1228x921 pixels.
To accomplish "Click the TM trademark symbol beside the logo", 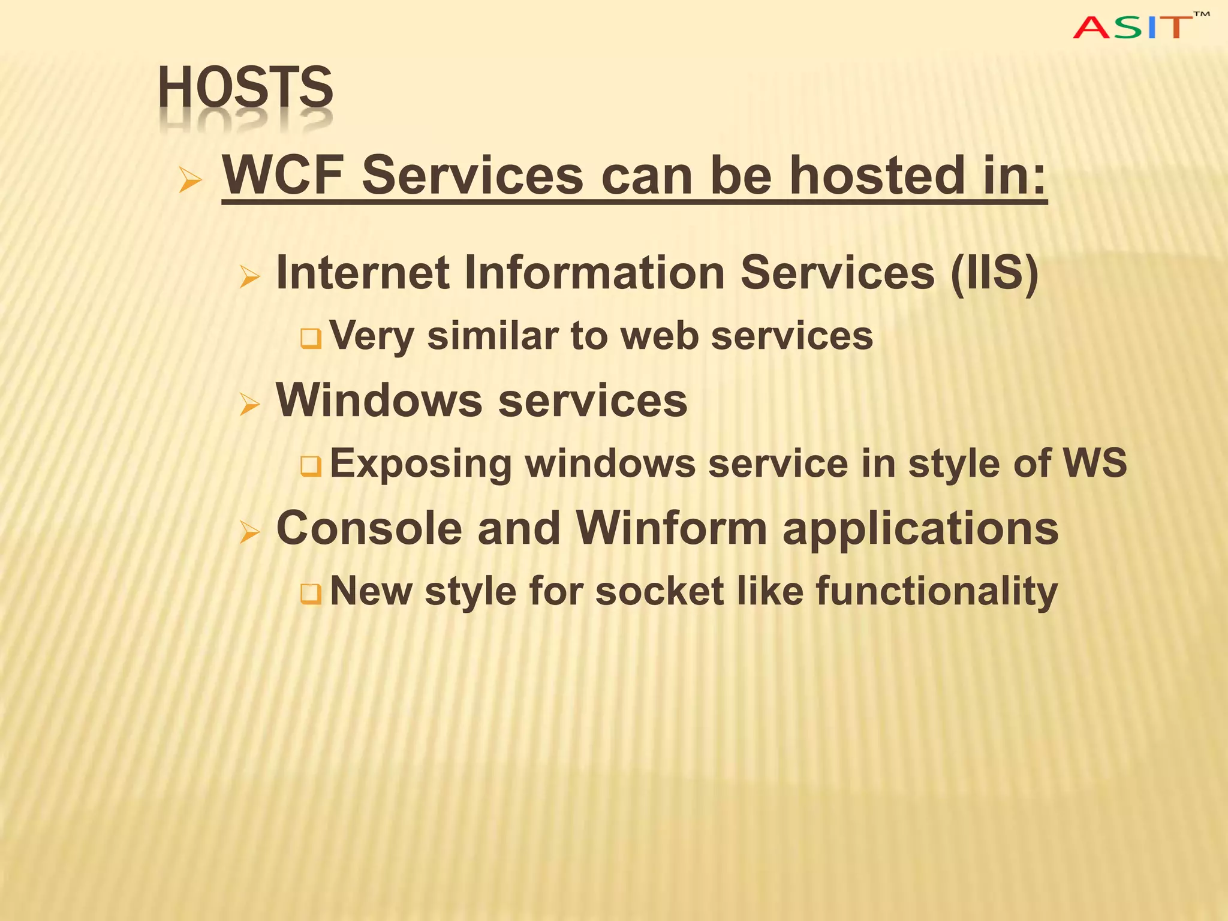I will tap(1201, 14).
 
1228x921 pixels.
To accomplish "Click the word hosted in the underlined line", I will tap(876, 175).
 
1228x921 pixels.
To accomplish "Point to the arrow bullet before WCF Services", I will tap(191, 180).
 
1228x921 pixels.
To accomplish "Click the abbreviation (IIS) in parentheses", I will tap(994, 273).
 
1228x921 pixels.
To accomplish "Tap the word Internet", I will tap(362, 273).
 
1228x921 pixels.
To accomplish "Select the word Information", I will tap(594, 273).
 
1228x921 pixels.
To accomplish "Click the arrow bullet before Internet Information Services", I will tap(249, 277).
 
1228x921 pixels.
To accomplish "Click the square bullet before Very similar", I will tap(311, 339).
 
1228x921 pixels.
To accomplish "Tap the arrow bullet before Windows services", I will tap(249, 405).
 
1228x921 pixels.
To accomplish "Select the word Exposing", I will tap(420, 463).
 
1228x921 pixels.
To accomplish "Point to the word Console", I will tap(369, 528).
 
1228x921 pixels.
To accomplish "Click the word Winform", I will tap(672, 528).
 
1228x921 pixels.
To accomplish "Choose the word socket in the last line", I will tap(660, 591).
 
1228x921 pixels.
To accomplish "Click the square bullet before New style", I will tap(311, 594).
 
